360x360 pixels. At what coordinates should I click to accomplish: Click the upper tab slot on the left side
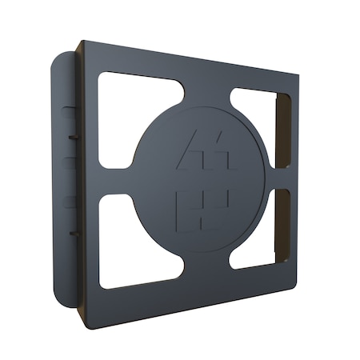pyautogui.click(x=72, y=137)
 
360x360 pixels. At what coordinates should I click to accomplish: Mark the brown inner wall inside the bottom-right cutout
pyautogui.click(x=282, y=228)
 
